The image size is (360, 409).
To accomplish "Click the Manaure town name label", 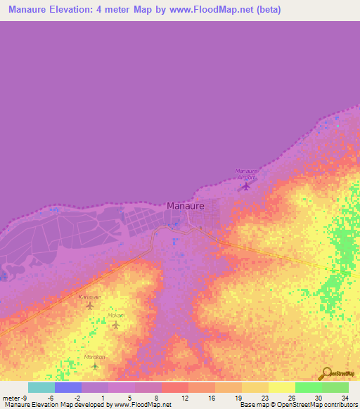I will pyautogui.click(x=186, y=206).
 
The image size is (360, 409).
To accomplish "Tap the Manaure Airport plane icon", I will pyautogui.click(x=245, y=186).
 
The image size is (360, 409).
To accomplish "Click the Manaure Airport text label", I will pyautogui.click(x=245, y=174).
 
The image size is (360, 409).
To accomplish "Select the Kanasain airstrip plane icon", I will pyautogui.click(x=89, y=305).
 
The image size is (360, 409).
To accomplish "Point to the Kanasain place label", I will pyautogui.click(x=89, y=297).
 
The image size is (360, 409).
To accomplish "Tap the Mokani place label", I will pyautogui.click(x=116, y=316).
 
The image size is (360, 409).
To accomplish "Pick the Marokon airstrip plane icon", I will pyautogui.click(x=95, y=365).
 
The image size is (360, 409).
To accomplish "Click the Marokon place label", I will pyautogui.click(x=95, y=356).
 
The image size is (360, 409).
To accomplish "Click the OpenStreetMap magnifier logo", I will pyautogui.click(x=325, y=373).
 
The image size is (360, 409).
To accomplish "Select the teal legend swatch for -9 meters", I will pyautogui.click(x=41, y=387).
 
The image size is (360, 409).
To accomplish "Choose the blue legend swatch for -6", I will pyautogui.click(x=68, y=387).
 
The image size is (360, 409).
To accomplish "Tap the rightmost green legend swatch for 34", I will pyautogui.click(x=335, y=387).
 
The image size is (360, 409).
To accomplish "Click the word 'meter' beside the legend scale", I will pyautogui.click(x=11, y=397).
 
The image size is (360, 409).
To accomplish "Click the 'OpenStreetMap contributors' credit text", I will pyautogui.click(x=323, y=405).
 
